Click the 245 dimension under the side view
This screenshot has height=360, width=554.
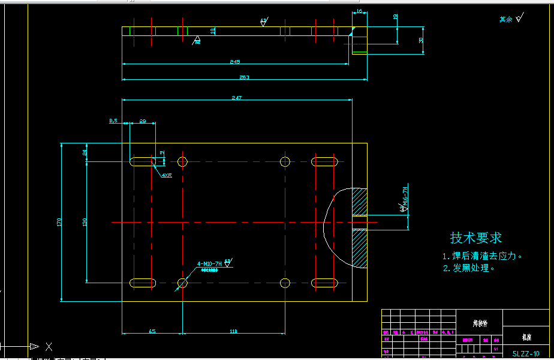click(x=235, y=61)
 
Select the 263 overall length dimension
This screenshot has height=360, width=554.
click(x=244, y=77)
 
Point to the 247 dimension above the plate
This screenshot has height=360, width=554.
click(x=237, y=97)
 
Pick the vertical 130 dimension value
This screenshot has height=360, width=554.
click(x=85, y=222)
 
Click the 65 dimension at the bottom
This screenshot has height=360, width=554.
click(x=152, y=331)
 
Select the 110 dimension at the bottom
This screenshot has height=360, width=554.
click(x=233, y=331)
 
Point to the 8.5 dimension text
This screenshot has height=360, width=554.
click(x=113, y=121)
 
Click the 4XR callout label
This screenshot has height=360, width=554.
click(x=166, y=175)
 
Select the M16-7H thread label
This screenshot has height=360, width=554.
click(x=405, y=207)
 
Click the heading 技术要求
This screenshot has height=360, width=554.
click(x=476, y=238)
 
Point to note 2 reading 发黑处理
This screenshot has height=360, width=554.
click(x=469, y=268)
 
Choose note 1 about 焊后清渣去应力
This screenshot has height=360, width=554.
click(x=482, y=256)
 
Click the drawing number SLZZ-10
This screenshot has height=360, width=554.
click(x=526, y=354)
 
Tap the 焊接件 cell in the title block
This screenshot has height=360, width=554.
click(x=479, y=323)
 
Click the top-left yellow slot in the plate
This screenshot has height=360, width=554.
click(x=142, y=161)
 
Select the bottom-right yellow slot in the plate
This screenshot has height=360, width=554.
click(x=324, y=282)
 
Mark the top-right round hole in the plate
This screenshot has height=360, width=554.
click(x=285, y=161)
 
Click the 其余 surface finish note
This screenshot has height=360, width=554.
click(x=506, y=19)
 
